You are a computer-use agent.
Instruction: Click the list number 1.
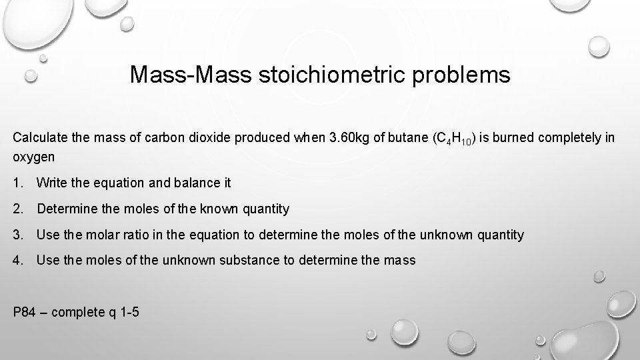click(17, 183)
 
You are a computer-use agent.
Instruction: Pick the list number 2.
click(17, 209)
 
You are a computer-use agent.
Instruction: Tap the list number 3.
click(17, 235)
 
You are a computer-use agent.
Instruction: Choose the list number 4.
click(17, 261)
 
